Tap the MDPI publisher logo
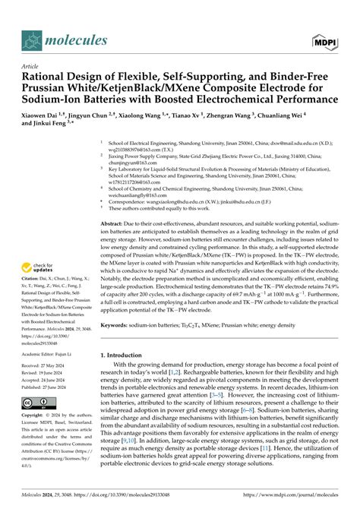[x=326, y=40]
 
